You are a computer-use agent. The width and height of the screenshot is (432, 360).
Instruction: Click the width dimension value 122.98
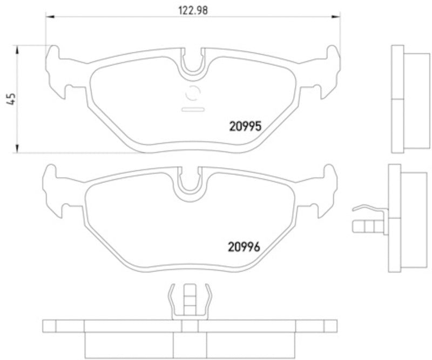pyautogui.click(x=193, y=9)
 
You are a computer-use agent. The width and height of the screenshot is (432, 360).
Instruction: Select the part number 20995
pyautogui.click(x=244, y=126)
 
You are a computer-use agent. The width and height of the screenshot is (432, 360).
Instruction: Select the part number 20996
pyautogui.click(x=244, y=247)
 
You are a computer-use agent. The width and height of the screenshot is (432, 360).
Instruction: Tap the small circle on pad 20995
pyautogui.click(x=193, y=94)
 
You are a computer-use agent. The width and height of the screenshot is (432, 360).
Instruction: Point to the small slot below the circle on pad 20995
pyautogui.click(x=193, y=110)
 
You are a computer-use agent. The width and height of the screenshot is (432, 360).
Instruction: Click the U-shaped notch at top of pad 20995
pyautogui.click(x=193, y=62)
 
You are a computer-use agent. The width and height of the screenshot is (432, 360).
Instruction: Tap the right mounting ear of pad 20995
pyautogui.click(x=329, y=70)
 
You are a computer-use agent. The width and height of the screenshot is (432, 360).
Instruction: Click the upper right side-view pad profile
pyautogui.click(x=405, y=99)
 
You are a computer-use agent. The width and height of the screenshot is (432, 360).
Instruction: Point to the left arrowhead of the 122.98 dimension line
pyautogui.click(x=48, y=17)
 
